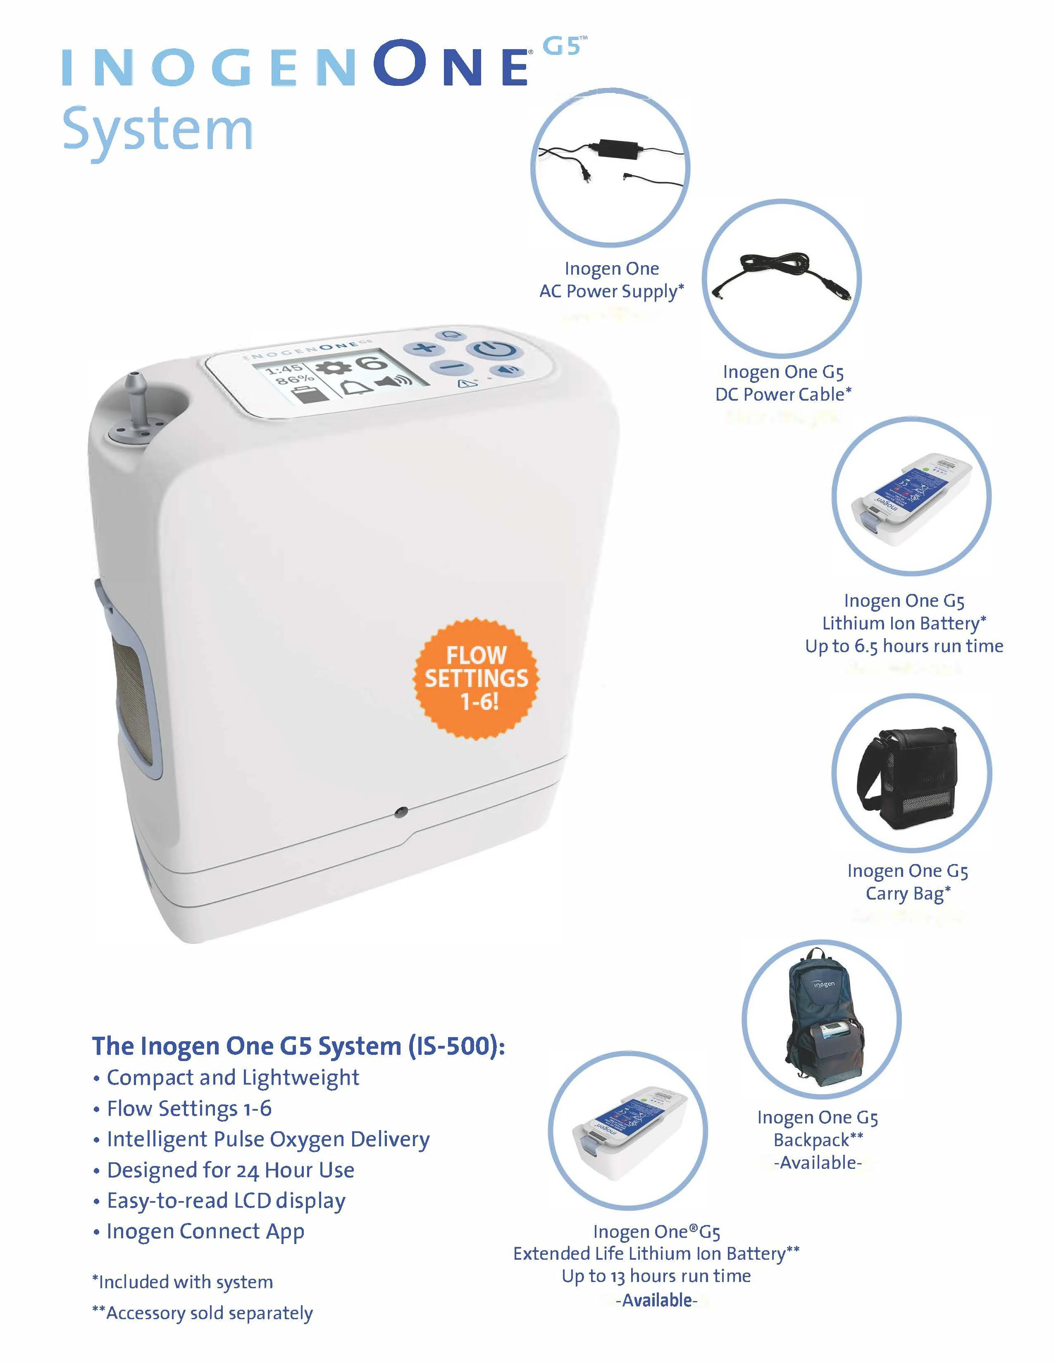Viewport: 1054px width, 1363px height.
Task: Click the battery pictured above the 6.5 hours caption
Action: point(912,499)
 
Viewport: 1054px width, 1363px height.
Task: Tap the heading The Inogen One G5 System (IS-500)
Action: point(298,1046)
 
